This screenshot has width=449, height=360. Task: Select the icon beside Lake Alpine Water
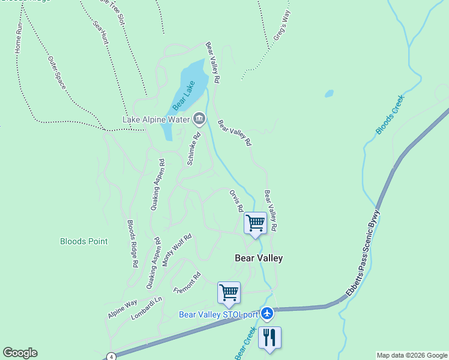(x=199, y=119)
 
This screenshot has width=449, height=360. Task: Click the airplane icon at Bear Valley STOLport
(x=267, y=313)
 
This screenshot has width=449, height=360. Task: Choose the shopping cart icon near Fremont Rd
(x=229, y=292)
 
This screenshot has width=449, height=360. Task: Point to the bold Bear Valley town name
(x=258, y=258)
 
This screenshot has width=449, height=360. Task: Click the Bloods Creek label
(x=390, y=114)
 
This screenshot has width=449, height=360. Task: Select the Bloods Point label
(x=84, y=241)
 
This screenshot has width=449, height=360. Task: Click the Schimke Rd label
(x=193, y=149)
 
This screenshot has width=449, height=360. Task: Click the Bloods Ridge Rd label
(x=133, y=244)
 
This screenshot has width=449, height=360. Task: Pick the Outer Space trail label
(x=57, y=73)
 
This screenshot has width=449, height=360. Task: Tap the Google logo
(x=20, y=353)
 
